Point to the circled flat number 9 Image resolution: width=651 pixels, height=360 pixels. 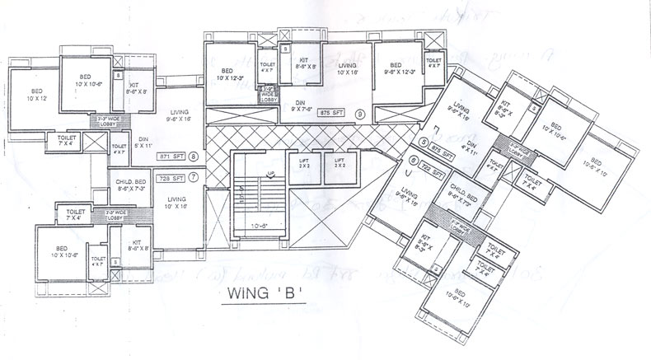point(359,113)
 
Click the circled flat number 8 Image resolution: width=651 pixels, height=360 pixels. point(194,155)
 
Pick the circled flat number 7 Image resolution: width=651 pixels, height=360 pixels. point(194,178)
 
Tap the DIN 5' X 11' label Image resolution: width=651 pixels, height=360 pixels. point(143,143)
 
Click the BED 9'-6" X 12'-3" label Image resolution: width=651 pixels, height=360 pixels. point(396,70)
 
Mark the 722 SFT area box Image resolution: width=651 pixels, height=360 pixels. point(433,174)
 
